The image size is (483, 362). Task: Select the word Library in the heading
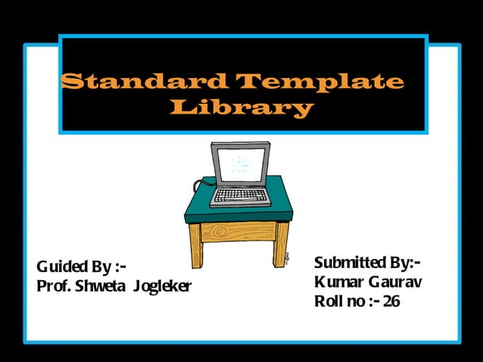tap(241, 108)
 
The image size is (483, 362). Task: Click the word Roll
tap(329, 301)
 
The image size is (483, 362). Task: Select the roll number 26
tap(391, 301)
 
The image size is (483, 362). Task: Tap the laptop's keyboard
tap(240, 195)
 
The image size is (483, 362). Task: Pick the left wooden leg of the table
tap(195, 245)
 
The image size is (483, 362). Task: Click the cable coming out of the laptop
tap(201, 185)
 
